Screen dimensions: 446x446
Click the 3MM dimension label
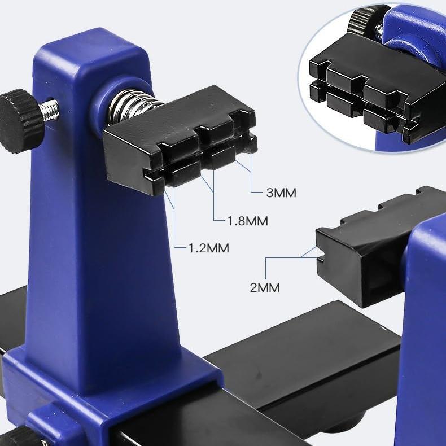tap(281, 193)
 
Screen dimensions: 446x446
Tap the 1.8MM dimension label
tap(247, 220)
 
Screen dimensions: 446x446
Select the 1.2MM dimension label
tap(209, 248)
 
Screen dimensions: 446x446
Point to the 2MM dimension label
tap(265, 287)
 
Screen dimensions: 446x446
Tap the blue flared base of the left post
tap(113, 384)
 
